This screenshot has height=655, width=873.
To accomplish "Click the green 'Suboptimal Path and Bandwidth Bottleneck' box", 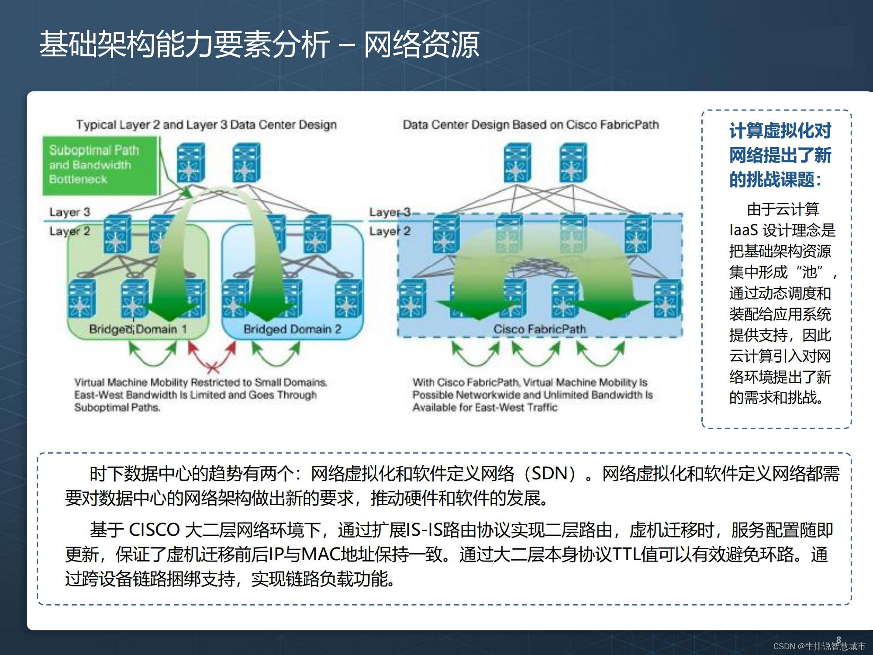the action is [x=100, y=165].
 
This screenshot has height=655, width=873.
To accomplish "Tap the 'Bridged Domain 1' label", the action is [x=138, y=329].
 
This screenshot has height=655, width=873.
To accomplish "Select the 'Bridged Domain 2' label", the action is [x=292, y=329].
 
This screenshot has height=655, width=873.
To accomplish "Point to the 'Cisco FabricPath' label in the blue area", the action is [x=539, y=329].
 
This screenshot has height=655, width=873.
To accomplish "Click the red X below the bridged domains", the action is [x=213, y=368].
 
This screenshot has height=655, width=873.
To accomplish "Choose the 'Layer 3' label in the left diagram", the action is [x=69, y=212].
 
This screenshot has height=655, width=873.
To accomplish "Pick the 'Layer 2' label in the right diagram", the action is [x=390, y=231].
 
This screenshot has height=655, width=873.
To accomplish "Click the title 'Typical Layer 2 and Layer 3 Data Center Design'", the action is [x=207, y=125].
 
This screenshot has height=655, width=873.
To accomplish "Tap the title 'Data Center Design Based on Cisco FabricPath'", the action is [x=531, y=125].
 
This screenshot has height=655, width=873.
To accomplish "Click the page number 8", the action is [x=838, y=639].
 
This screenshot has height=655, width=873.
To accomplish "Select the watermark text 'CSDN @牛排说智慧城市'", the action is [x=819, y=646].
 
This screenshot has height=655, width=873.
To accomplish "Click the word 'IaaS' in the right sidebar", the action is [x=743, y=230].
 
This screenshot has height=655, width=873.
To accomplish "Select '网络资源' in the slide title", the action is [x=421, y=45].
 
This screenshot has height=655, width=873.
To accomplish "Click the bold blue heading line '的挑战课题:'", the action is [x=776, y=179].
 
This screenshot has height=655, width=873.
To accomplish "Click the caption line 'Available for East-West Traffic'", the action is [x=485, y=408].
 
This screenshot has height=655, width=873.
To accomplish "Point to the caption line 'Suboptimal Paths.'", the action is [x=117, y=408].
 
